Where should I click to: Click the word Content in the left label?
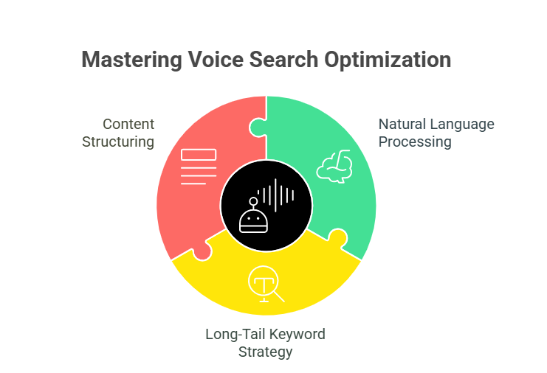[128, 124]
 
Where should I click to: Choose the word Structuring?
[119, 142]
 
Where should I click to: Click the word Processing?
[414, 142]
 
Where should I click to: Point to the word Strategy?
[265, 352]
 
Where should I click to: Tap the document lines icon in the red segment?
[197, 167]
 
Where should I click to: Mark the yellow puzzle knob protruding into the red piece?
[202, 251]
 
